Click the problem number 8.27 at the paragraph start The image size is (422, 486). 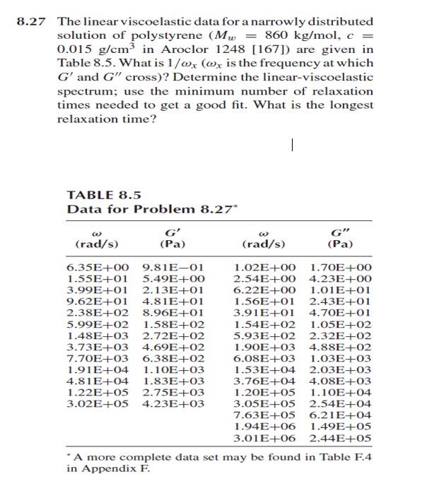click(x=30, y=22)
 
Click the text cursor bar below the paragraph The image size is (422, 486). click(x=291, y=145)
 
